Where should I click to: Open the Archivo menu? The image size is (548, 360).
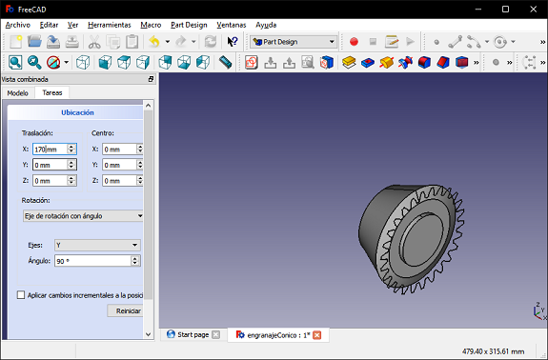[x=18, y=25]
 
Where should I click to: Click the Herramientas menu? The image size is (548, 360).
[x=110, y=25]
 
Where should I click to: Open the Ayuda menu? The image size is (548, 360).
[x=266, y=25]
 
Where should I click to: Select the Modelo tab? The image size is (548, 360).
[x=18, y=93]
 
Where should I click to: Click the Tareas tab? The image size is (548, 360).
[x=52, y=92]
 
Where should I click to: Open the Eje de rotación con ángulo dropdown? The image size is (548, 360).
[x=83, y=216]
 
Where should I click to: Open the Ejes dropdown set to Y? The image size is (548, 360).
[x=97, y=245]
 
